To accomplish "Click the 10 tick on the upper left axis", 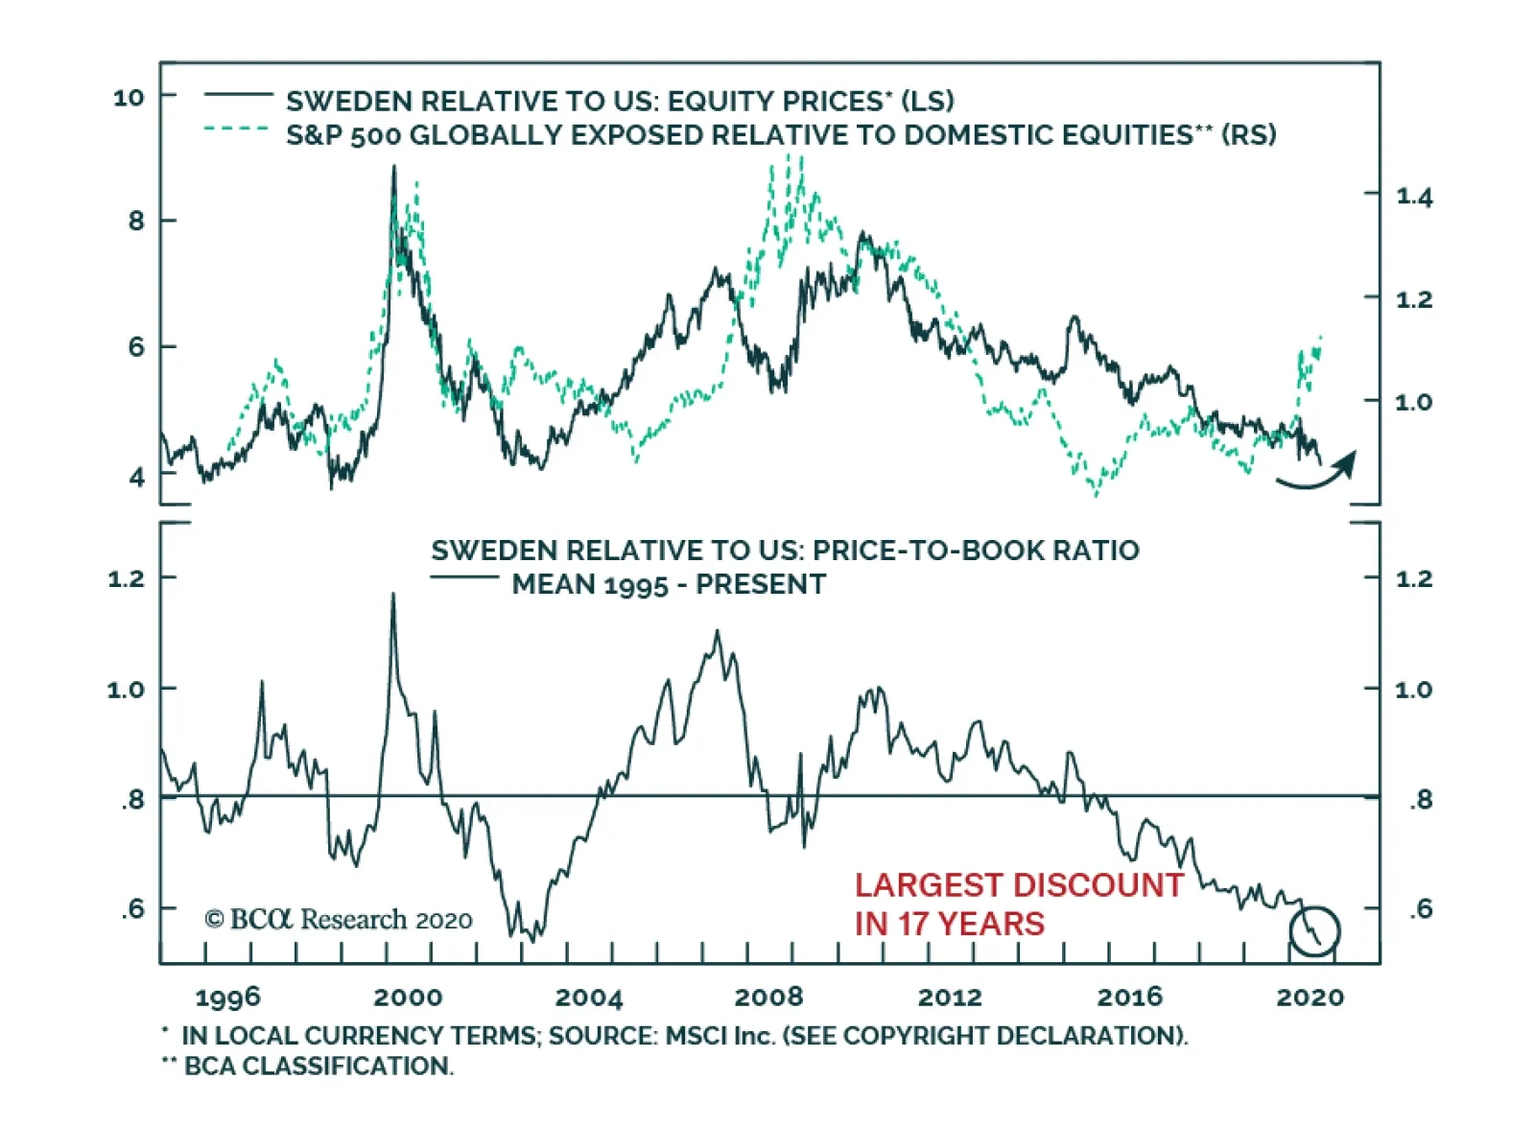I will [x=129, y=97].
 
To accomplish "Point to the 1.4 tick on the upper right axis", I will [x=1414, y=197].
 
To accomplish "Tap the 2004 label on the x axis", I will [x=588, y=998].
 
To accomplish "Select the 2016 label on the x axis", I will [x=1129, y=998].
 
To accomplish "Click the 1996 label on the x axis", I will [x=227, y=998].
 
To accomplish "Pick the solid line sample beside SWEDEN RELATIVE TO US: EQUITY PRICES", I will [x=239, y=94].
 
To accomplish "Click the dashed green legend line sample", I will [x=236, y=128].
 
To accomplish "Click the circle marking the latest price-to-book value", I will [x=1313, y=930].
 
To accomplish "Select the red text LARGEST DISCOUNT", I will [x=1019, y=884].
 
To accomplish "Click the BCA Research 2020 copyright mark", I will [x=338, y=919].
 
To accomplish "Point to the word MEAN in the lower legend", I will [x=544, y=584].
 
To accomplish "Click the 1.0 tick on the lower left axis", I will [x=125, y=690].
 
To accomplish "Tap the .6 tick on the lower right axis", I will [x=1421, y=908].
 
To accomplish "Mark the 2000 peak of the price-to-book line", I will [x=392, y=594].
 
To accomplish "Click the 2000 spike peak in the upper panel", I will [x=393, y=167].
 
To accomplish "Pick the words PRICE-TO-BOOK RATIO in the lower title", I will [x=976, y=551].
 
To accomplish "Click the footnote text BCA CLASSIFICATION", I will [x=318, y=1066].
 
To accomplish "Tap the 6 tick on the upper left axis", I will [x=137, y=347].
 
